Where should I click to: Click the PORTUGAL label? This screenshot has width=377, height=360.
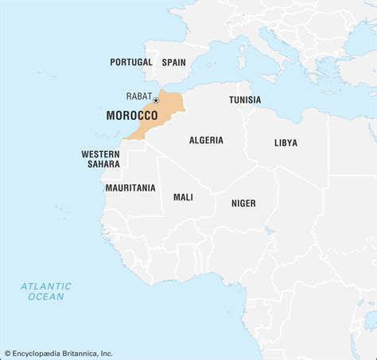click(131, 62)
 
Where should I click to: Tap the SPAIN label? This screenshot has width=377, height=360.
click(173, 62)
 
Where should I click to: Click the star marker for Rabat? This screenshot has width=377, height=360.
click(156, 100)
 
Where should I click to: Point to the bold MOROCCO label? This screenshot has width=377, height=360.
click(131, 116)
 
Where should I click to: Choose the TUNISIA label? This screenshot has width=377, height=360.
click(245, 100)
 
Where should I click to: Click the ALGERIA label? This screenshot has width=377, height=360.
click(206, 141)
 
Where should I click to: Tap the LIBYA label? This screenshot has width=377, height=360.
click(286, 143)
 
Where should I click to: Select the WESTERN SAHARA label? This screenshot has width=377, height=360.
click(99, 159)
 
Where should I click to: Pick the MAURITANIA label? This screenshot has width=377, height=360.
click(130, 188)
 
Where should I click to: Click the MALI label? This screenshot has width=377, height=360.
click(183, 197)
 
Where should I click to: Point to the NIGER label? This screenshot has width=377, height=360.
click(243, 203)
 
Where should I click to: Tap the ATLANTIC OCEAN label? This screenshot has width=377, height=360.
click(46, 291)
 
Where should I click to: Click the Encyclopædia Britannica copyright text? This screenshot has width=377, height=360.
click(58, 354)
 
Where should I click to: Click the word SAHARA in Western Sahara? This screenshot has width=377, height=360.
click(103, 165)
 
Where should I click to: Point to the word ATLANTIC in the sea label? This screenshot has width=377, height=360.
click(46, 286)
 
